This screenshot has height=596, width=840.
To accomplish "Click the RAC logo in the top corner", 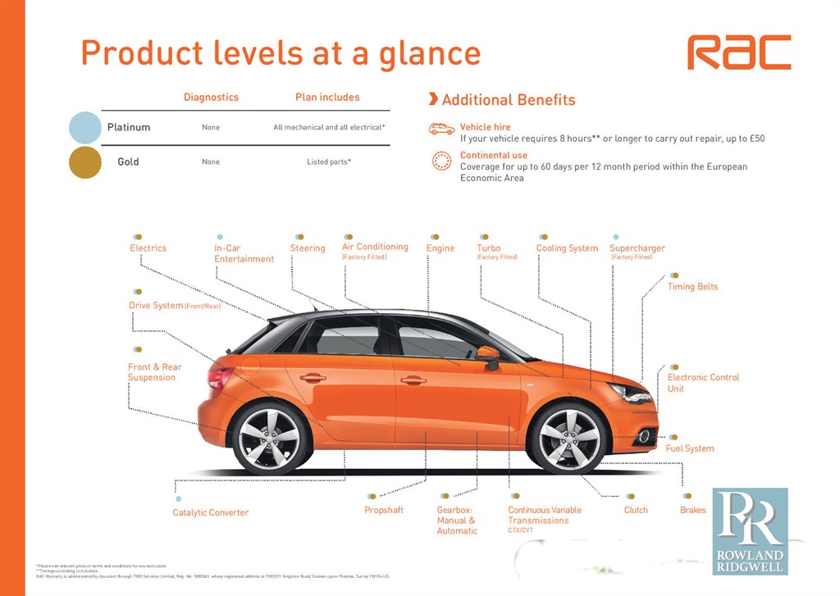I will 738,52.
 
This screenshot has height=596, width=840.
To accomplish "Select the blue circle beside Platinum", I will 85,128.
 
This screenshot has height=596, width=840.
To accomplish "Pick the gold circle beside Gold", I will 85,162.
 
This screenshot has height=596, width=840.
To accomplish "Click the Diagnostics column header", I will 211,98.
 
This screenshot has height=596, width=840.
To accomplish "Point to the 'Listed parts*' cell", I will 329,162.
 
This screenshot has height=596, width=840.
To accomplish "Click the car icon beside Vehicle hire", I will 441,129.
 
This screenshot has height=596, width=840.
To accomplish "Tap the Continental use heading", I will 494,155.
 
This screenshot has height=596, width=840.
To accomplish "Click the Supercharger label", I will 637,248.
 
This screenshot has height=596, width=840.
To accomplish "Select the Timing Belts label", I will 692,287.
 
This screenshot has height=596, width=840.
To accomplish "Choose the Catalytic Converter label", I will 211,513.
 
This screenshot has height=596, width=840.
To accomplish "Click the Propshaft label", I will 384,510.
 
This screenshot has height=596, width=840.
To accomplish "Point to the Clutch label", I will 636,510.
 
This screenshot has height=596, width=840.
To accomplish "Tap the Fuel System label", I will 690,448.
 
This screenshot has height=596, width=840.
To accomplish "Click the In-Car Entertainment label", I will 244,253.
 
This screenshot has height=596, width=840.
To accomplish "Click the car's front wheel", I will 569,437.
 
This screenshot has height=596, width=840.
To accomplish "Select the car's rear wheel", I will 272,439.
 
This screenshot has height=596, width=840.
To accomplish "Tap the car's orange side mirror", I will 488,355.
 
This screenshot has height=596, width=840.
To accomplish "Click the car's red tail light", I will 219,376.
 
